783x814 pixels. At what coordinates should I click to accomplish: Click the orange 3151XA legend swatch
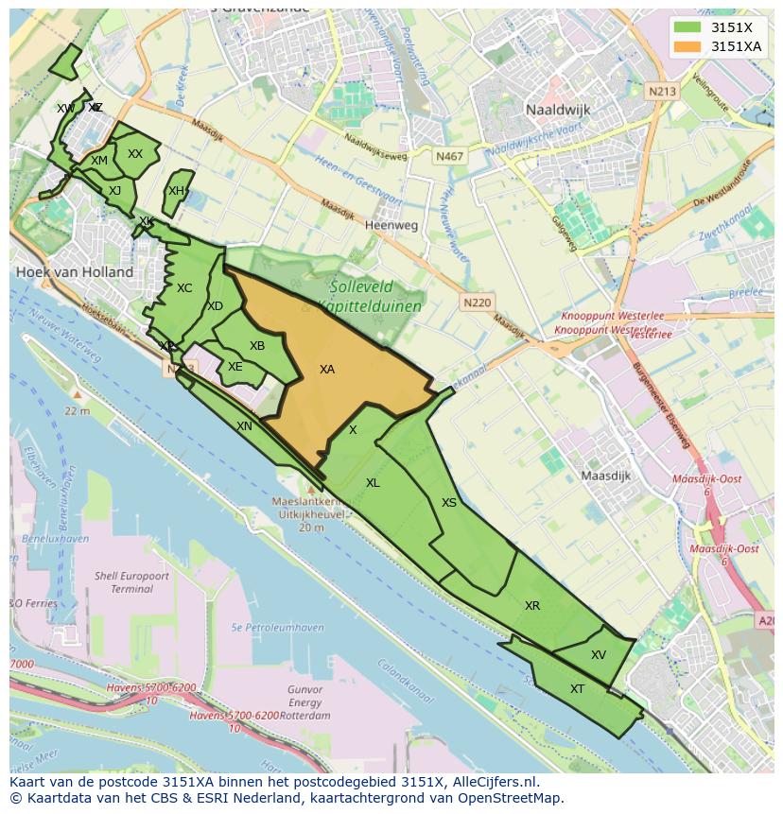tap(689, 46)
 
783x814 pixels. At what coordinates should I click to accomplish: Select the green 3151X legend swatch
tap(689, 27)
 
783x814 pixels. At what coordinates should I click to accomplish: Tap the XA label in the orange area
tap(327, 370)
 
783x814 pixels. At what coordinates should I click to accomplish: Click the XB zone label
tap(257, 346)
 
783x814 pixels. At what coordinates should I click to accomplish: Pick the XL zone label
tap(373, 483)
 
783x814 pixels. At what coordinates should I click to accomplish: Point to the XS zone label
tap(449, 503)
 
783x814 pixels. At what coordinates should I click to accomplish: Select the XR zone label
tap(532, 606)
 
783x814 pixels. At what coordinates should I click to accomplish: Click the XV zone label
tap(599, 655)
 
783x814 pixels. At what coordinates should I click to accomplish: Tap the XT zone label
tap(577, 689)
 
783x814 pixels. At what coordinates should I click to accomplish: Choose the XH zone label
tap(176, 191)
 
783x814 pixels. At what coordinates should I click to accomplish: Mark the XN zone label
tap(244, 426)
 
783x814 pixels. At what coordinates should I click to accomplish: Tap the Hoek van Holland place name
tap(75, 272)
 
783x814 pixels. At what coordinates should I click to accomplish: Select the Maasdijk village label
tap(605, 476)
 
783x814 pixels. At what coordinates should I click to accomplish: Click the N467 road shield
tap(450, 156)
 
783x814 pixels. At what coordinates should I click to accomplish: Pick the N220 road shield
tap(478, 303)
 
